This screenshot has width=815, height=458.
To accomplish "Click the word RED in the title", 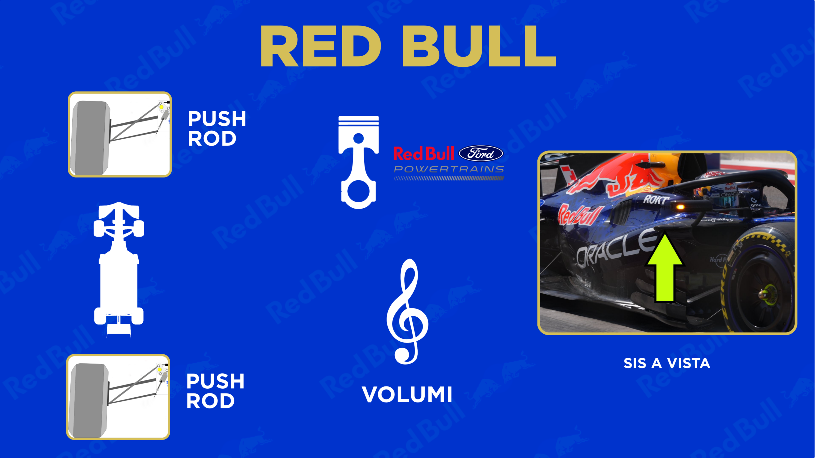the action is pos(321,46).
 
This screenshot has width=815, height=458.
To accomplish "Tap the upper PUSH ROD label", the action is pos(217,128).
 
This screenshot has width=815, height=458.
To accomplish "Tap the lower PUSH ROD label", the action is pos(215,391).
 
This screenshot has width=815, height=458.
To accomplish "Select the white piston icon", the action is pos(358,162).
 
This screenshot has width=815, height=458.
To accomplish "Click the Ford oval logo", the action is pos(481,154).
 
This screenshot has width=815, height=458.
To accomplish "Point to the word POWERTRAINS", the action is pos(449,169).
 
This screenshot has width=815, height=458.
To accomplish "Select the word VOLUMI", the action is pos(407,395).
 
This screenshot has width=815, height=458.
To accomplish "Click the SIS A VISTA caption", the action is pos(667,363).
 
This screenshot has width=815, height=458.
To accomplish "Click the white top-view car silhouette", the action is pos(119,270).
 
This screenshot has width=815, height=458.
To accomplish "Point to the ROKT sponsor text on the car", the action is pos(656,200).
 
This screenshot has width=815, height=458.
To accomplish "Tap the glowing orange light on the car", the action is pos(680,207).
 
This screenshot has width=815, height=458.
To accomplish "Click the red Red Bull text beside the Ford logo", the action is pos(424,154).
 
